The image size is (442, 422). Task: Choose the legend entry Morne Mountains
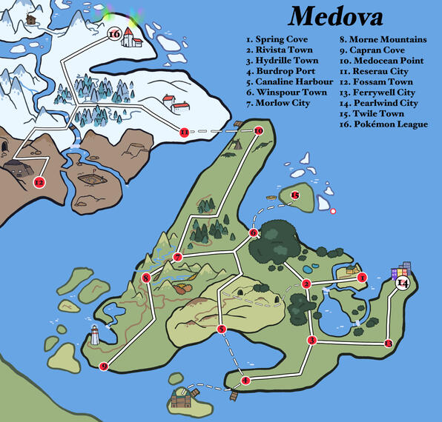(383, 38)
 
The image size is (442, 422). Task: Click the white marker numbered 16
(114, 34)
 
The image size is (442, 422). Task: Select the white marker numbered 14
(403, 284)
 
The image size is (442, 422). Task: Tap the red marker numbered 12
(39, 182)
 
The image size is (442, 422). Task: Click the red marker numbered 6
(254, 233)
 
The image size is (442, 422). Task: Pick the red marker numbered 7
(178, 257)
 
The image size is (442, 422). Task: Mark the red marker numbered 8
(146, 278)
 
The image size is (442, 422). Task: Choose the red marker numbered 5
(221, 329)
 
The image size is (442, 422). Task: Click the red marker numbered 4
(245, 381)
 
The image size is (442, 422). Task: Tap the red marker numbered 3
(311, 341)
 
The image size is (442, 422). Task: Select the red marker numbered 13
(389, 343)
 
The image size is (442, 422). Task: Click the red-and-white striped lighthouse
(95, 335)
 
